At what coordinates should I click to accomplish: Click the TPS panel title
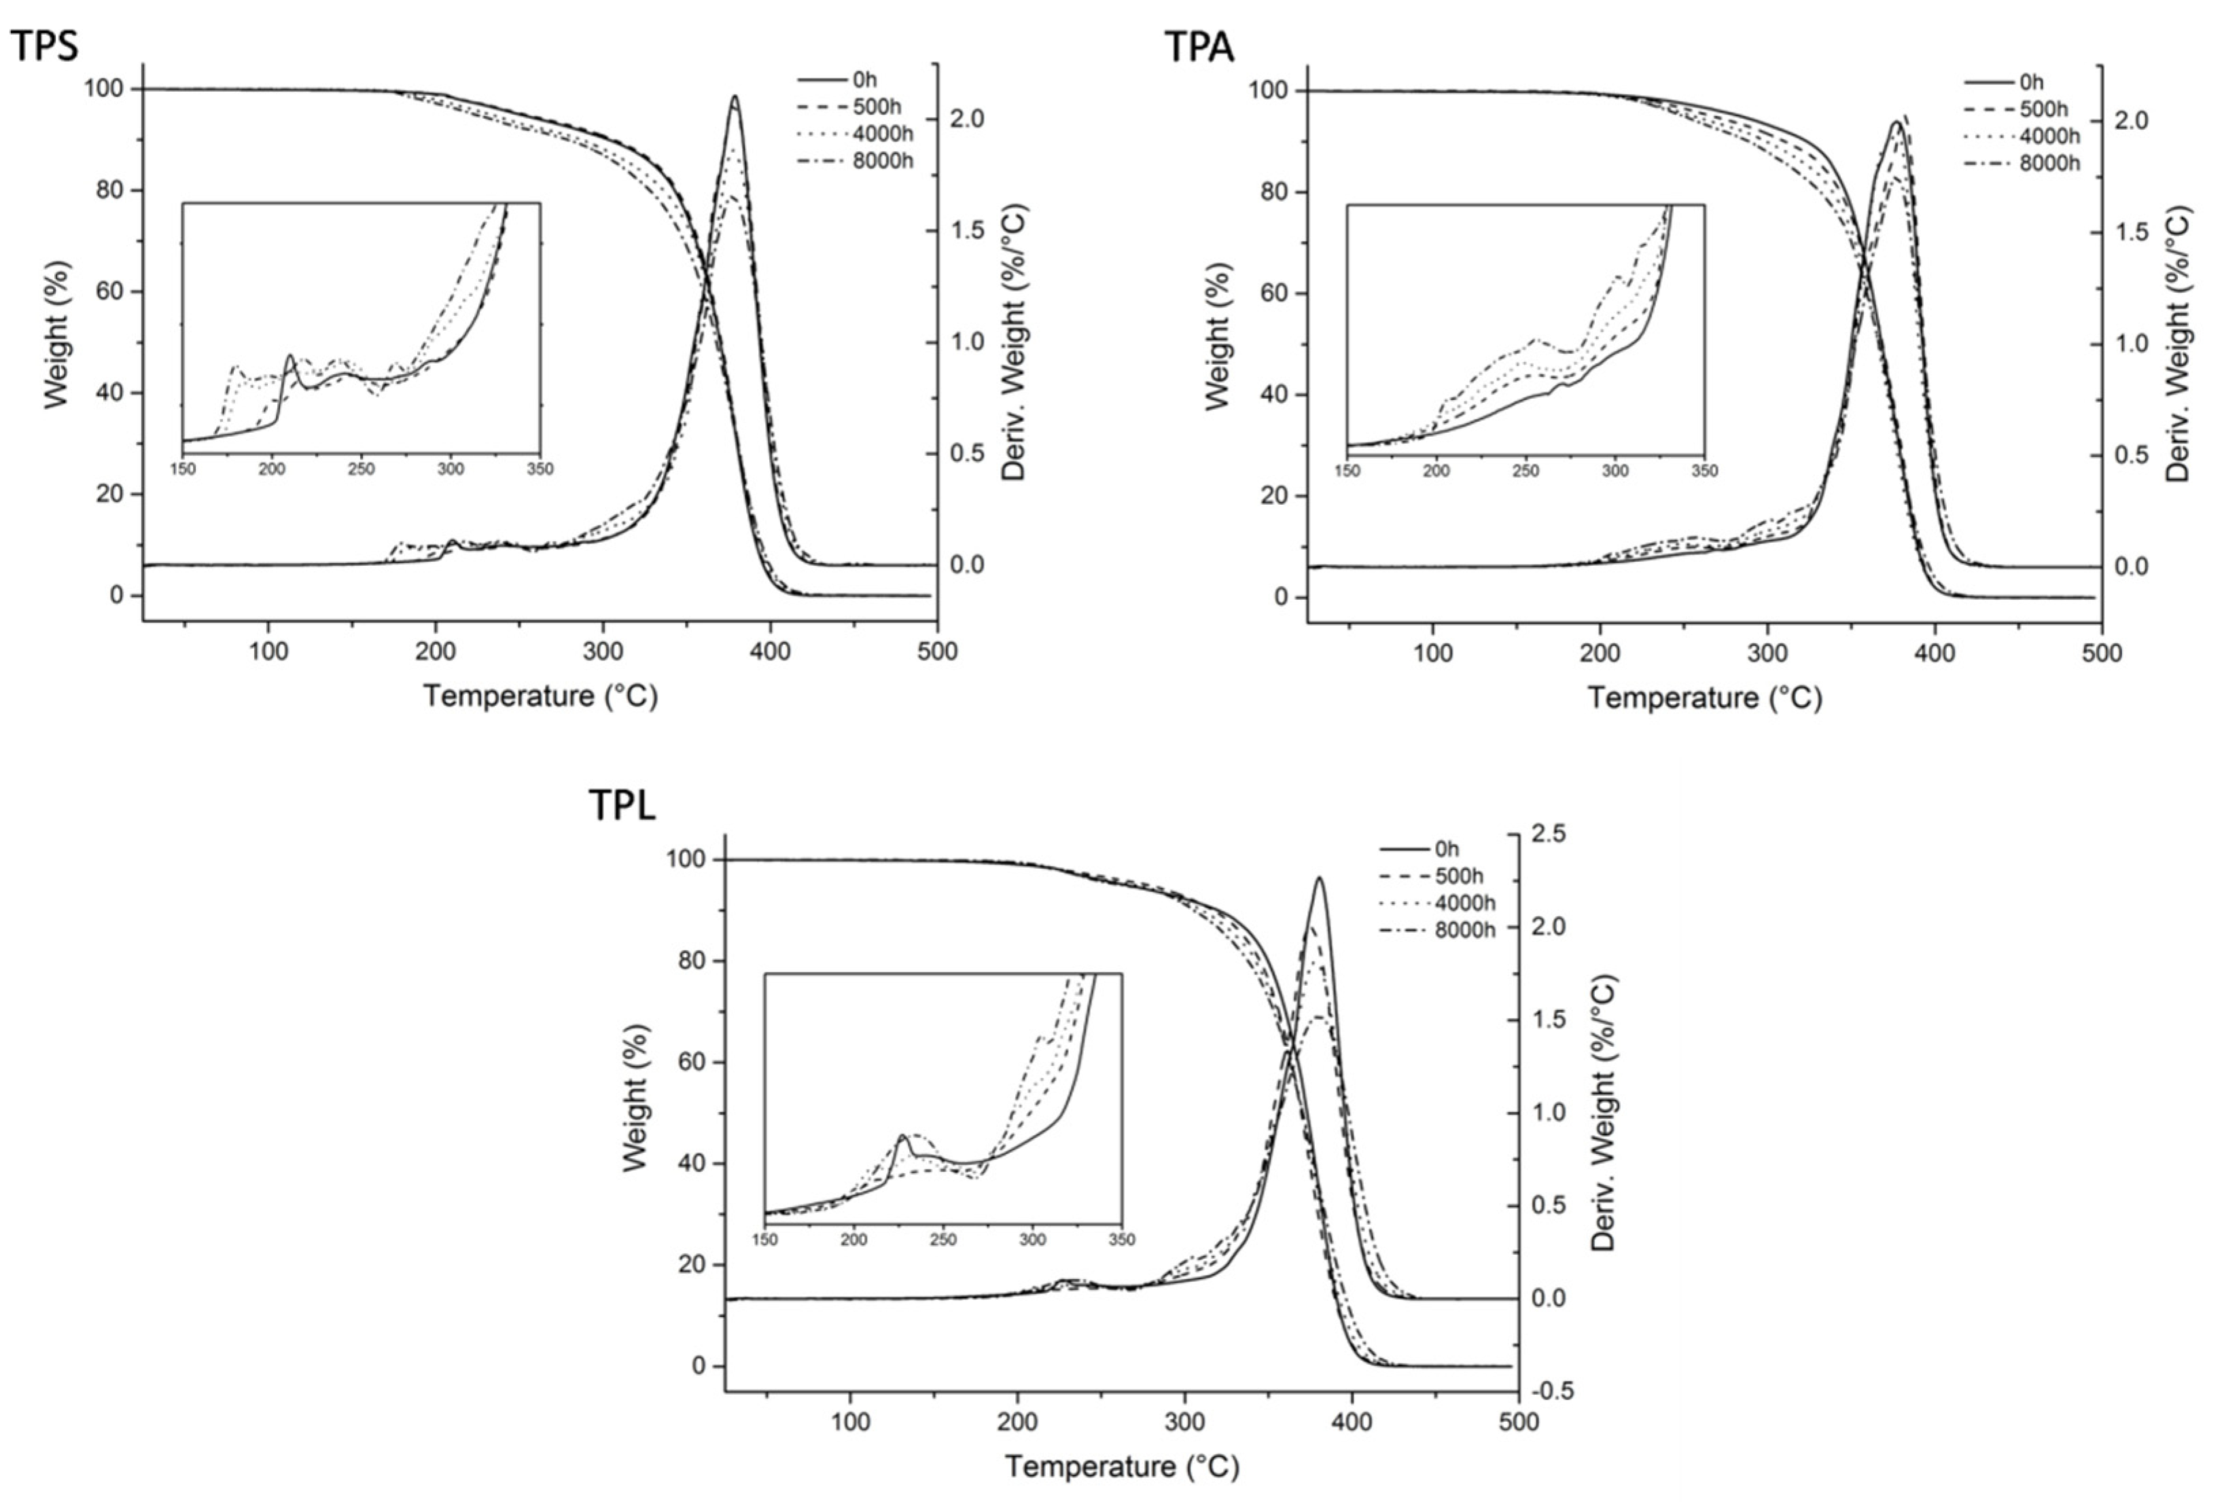pos(44,45)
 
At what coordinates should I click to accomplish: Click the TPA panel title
pos(1199,46)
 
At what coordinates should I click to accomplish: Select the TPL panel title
pos(622,806)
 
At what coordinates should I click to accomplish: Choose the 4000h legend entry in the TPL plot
pos(1465,903)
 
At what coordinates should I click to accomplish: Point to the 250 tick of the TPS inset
pos(361,469)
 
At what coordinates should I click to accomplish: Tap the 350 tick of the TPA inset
pos(1704,470)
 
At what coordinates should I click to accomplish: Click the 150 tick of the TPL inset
pos(765,1240)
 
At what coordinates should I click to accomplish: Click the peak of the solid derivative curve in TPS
pos(735,96)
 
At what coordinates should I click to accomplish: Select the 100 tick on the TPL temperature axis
pos(850,1422)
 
